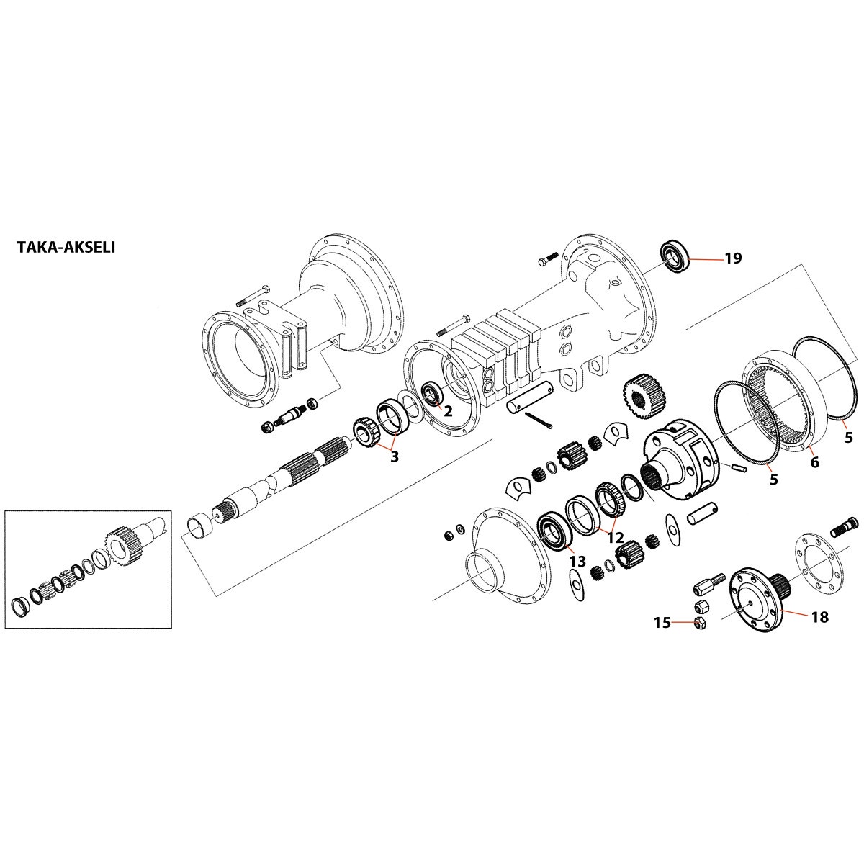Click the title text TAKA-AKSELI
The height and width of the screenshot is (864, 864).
pyautogui.click(x=66, y=248)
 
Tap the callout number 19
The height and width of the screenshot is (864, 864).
pyautogui.click(x=732, y=258)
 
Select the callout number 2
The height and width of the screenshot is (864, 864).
pyautogui.click(x=447, y=411)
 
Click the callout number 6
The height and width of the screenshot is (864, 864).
pyautogui.click(x=814, y=462)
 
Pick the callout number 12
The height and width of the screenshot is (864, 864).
pyautogui.click(x=614, y=536)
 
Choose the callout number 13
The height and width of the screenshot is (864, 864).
pyautogui.click(x=577, y=561)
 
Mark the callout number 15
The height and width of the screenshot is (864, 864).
pyautogui.click(x=662, y=622)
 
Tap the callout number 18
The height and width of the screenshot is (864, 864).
pyautogui.click(x=819, y=617)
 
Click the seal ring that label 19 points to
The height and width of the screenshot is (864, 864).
pyautogui.click(x=675, y=257)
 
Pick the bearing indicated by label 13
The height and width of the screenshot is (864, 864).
pyautogui.click(x=555, y=531)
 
